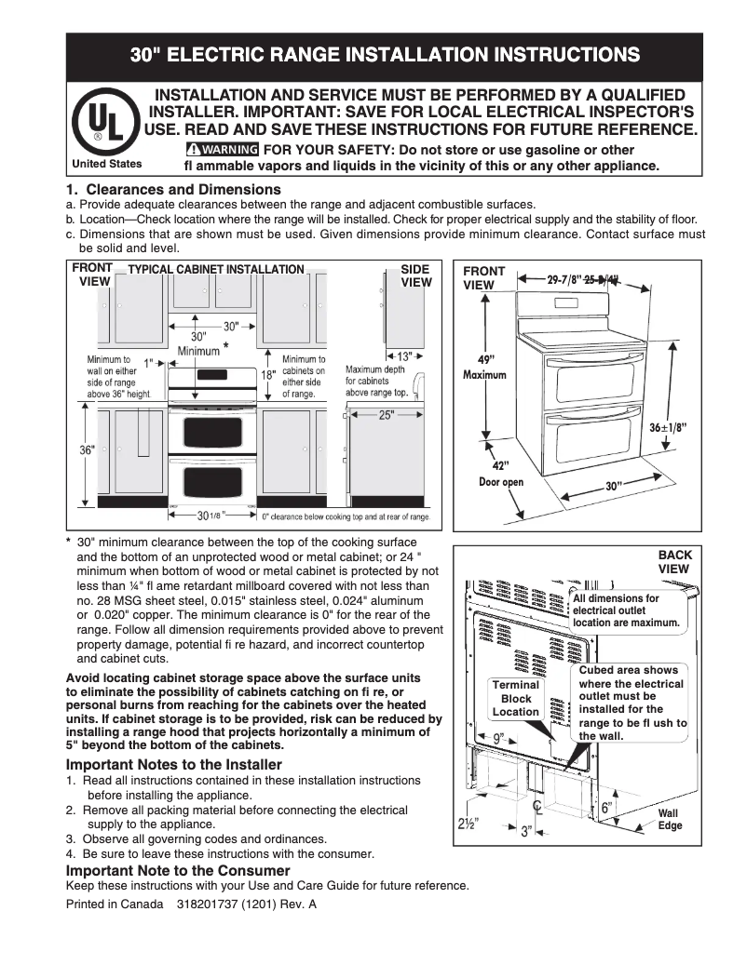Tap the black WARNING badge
tap(222, 150)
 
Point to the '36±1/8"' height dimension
tap(667, 427)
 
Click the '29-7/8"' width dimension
tap(564, 278)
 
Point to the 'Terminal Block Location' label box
tap(516, 698)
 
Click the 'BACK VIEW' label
tap(674, 561)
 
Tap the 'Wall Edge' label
tap(670, 819)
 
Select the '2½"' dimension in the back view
tap(468, 824)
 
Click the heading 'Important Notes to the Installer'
tap(173, 765)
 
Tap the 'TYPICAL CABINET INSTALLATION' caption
tap(216, 270)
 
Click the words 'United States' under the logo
tap(107, 164)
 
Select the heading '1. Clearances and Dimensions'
tap(173, 190)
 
